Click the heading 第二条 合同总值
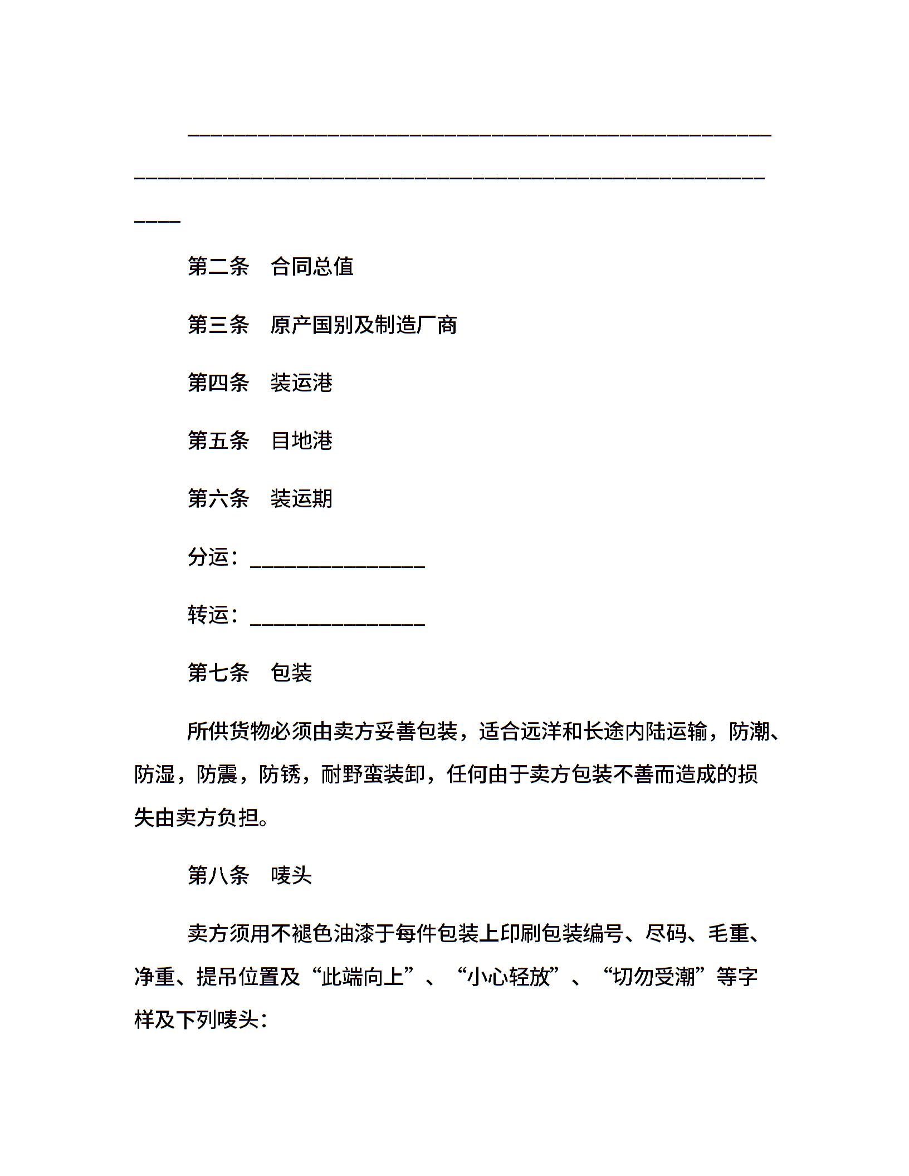click(x=271, y=267)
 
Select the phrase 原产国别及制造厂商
click(x=364, y=325)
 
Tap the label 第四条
click(x=218, y=383)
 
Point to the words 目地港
click(x=301, y=441)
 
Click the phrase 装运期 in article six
click(x=301, y=499)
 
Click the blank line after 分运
click(x=338, y=563)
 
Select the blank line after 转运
click(x=338, y=621)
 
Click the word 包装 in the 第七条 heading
click(x=291, y=673)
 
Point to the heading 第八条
click(x=218, y=876)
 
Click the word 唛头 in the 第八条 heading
click(x=291, y=876)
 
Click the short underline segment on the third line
click(x=158, y=222)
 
